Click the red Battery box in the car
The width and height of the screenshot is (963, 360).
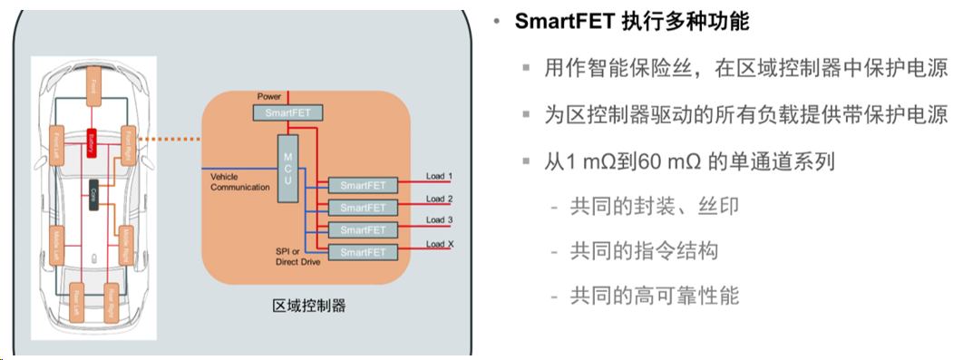tap(91, 141)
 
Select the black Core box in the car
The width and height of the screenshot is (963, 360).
tap(92, 193)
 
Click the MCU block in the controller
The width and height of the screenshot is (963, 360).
tap(287, 164)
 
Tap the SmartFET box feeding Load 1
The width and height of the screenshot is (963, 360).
tap(363, 185)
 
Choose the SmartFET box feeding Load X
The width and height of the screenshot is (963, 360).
tap(363, 251)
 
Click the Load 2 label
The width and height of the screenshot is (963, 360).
tap(439, 199)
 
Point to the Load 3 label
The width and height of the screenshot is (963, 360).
tap(439, 220)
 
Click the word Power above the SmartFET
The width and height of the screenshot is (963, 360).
tap(269, 95)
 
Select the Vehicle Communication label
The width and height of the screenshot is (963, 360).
tap(239, 181)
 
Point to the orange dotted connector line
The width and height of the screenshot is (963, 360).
tap(177, 139)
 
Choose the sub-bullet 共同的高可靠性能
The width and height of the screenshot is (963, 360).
tap(654, 295)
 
